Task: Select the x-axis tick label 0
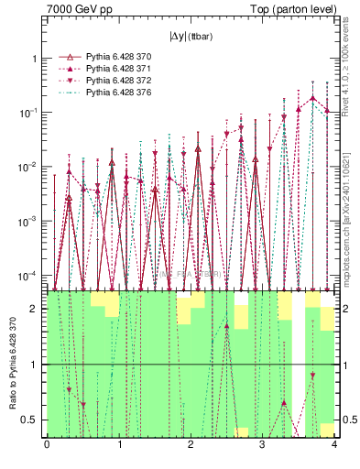[x=47, y=445]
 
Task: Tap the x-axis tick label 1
[x=118, y=445]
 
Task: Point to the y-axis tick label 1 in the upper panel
[x=37, y=59]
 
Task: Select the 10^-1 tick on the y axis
[x=32, y=113]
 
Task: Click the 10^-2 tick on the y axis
[x=32, y=167]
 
